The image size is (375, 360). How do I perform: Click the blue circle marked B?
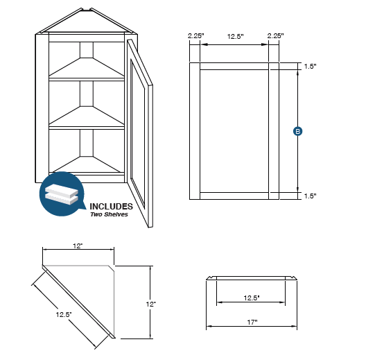click(x=297, y=130)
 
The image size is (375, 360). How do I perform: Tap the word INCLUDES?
click(x=110, y=206)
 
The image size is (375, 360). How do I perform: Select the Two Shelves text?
click(x=109, y=214)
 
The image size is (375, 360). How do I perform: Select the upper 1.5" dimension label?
click(x=310, y=67)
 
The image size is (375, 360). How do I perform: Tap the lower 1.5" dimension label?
click(x=310, y=196)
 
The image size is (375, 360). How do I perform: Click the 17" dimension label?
click(x=252, y=322)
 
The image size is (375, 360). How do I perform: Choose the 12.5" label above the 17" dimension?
click(x=251, y=298)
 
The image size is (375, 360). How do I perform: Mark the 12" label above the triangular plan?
click(x=77, y=246)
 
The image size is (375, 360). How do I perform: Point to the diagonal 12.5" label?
click(x=64, y=314)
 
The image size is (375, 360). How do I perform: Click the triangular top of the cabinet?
click(x=86, y=22)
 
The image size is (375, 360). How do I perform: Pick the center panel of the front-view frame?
click(x=234, y=130)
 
